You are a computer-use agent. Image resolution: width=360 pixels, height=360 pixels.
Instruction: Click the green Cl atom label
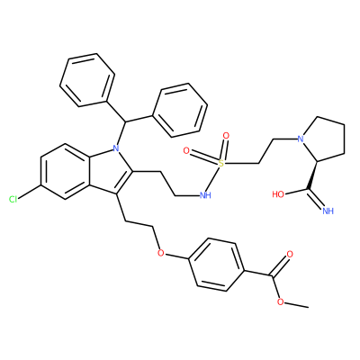click(x=13, y=199)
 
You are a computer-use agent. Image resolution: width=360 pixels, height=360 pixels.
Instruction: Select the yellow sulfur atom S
click(x=221, y=164)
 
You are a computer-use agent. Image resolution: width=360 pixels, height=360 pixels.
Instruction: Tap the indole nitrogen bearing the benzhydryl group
click(x=116, y=148)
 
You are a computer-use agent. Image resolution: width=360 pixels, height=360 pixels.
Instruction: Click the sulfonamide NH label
click(x=205, y=196)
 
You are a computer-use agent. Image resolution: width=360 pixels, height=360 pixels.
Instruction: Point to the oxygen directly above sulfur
click(x=226, y=136)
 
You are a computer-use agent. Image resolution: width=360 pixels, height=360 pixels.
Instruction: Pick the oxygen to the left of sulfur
click(x=186, y=150)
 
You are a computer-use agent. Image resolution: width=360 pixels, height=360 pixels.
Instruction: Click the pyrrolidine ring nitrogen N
click(x=301, y=139)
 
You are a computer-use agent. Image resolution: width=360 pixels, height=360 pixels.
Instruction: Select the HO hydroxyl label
click(x=278, y=194)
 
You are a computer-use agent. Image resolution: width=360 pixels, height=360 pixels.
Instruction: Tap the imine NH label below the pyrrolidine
click(x=328, y=211)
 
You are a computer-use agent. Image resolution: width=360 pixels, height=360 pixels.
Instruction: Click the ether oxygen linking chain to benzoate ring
click(x=161, y=253)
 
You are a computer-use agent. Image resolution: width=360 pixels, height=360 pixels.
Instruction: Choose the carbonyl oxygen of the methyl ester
click(x=290, y=255)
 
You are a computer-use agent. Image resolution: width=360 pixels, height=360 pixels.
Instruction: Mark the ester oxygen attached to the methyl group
click(x=281, y=301)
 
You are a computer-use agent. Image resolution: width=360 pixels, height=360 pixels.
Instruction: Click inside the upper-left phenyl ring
click(x=87, y=80)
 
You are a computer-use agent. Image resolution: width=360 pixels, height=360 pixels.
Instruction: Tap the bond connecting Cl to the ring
click(x=30, y=192)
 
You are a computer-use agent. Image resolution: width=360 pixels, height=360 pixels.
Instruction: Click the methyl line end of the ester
click(x=309, y=307)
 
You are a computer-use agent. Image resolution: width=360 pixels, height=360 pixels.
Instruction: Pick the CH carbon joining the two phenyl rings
click(x=124, y=121)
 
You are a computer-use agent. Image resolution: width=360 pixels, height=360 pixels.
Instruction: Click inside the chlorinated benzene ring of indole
click(x=65, y=171)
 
